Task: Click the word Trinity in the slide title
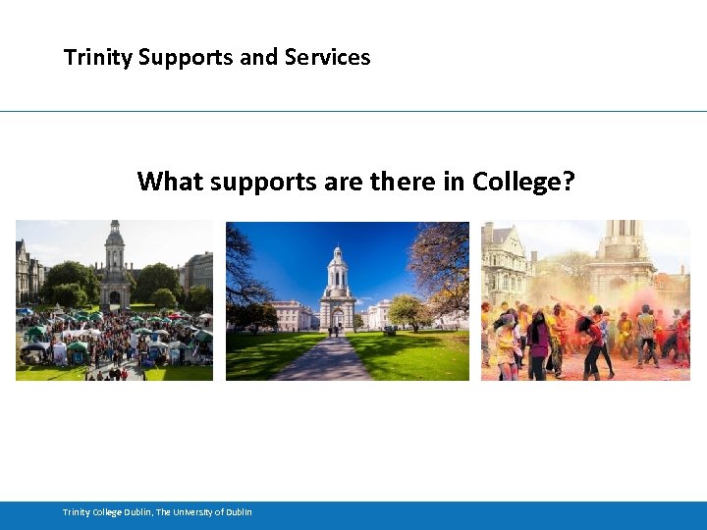98,58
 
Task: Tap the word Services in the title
327,58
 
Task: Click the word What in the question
169,182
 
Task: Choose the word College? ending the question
523,183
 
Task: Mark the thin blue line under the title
353,111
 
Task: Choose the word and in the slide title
258,58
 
